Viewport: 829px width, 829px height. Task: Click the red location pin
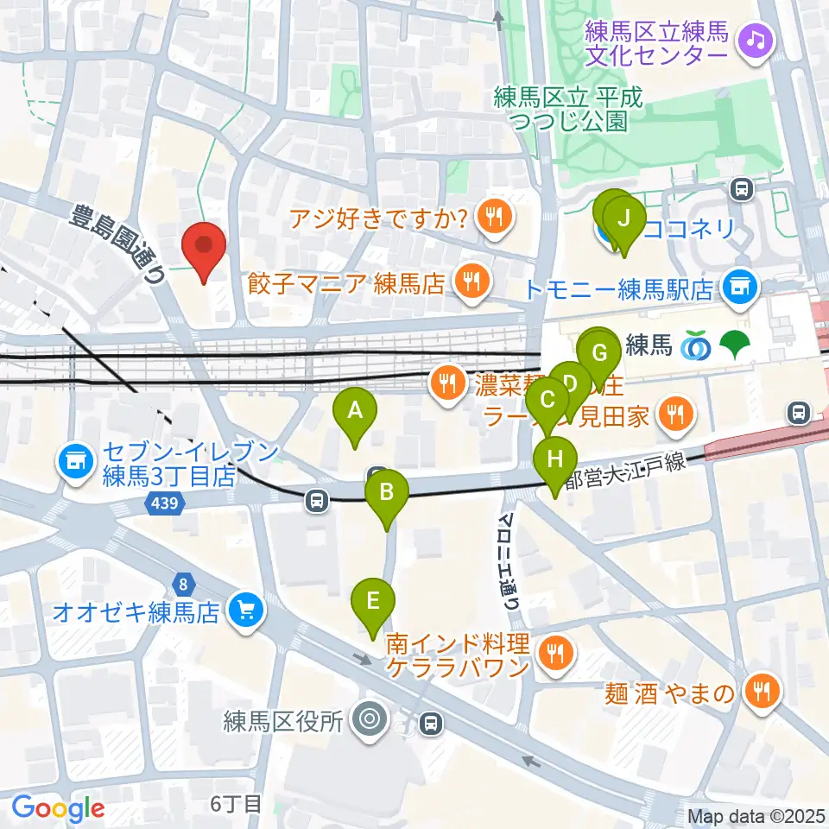click(x=204, y=246)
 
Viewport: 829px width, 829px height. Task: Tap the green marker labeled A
click(x=354, y=412)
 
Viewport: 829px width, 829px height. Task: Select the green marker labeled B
click(x=387, y=493)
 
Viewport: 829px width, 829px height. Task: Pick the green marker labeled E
click(x=373, y=601)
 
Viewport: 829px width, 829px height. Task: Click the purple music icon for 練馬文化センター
click(x=756, y=39)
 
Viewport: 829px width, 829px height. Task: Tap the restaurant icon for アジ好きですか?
click(x=494, y=217)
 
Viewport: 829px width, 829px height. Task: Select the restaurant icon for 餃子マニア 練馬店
click(x=471, y=281)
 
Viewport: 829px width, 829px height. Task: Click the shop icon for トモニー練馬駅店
click(x=738, y=282)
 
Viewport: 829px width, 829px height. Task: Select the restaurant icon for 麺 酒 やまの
click(x=762, y=692)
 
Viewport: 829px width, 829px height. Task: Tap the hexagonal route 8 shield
click(x=182, y=584)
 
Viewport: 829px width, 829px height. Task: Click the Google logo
click(x=59, y=807)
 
